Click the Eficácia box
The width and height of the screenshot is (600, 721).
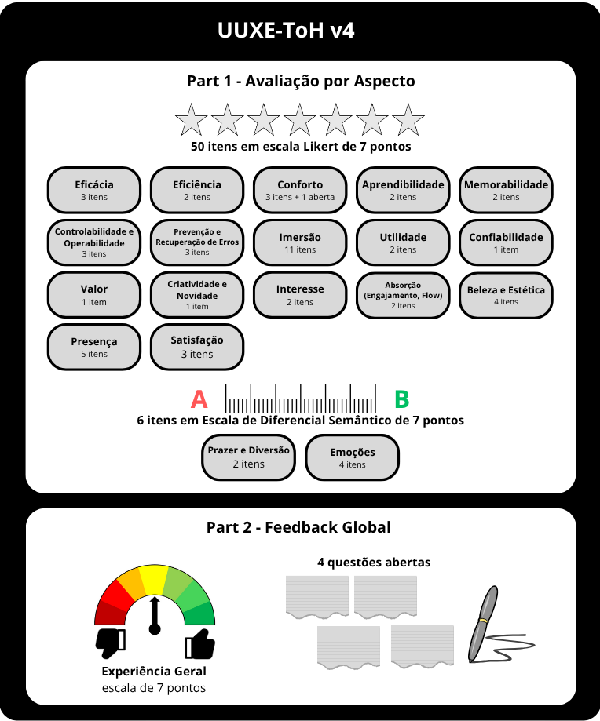[x=94, y=190]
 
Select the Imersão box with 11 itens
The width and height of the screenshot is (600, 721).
[x=300, y=242]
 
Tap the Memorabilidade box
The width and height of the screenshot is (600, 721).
[x=506, y=190]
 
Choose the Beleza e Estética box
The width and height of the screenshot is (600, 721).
[x=506, y=295]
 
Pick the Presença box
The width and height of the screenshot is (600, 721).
[x=94, y=347]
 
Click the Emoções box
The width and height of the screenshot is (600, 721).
[x=353, y=457]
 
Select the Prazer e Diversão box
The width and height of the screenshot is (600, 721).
[x=249, y=457]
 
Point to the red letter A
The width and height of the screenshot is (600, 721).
[x=199, y=399]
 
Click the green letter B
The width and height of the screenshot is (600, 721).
[x=401, y=399]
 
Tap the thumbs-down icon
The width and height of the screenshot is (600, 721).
[x=111, y=643]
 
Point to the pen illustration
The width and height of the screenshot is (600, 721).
[x=483, y=624]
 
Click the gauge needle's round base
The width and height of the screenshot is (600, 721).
[x=155, y=628]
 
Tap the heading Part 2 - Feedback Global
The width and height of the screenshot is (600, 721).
[x=298, y=527]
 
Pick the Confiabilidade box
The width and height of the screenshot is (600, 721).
[x=506, y=242]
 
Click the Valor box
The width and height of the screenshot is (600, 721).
[x=94, y=295]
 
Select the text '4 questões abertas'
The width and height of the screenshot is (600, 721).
[x=374, y=562]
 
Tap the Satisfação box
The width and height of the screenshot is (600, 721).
[x=197, y=347]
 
